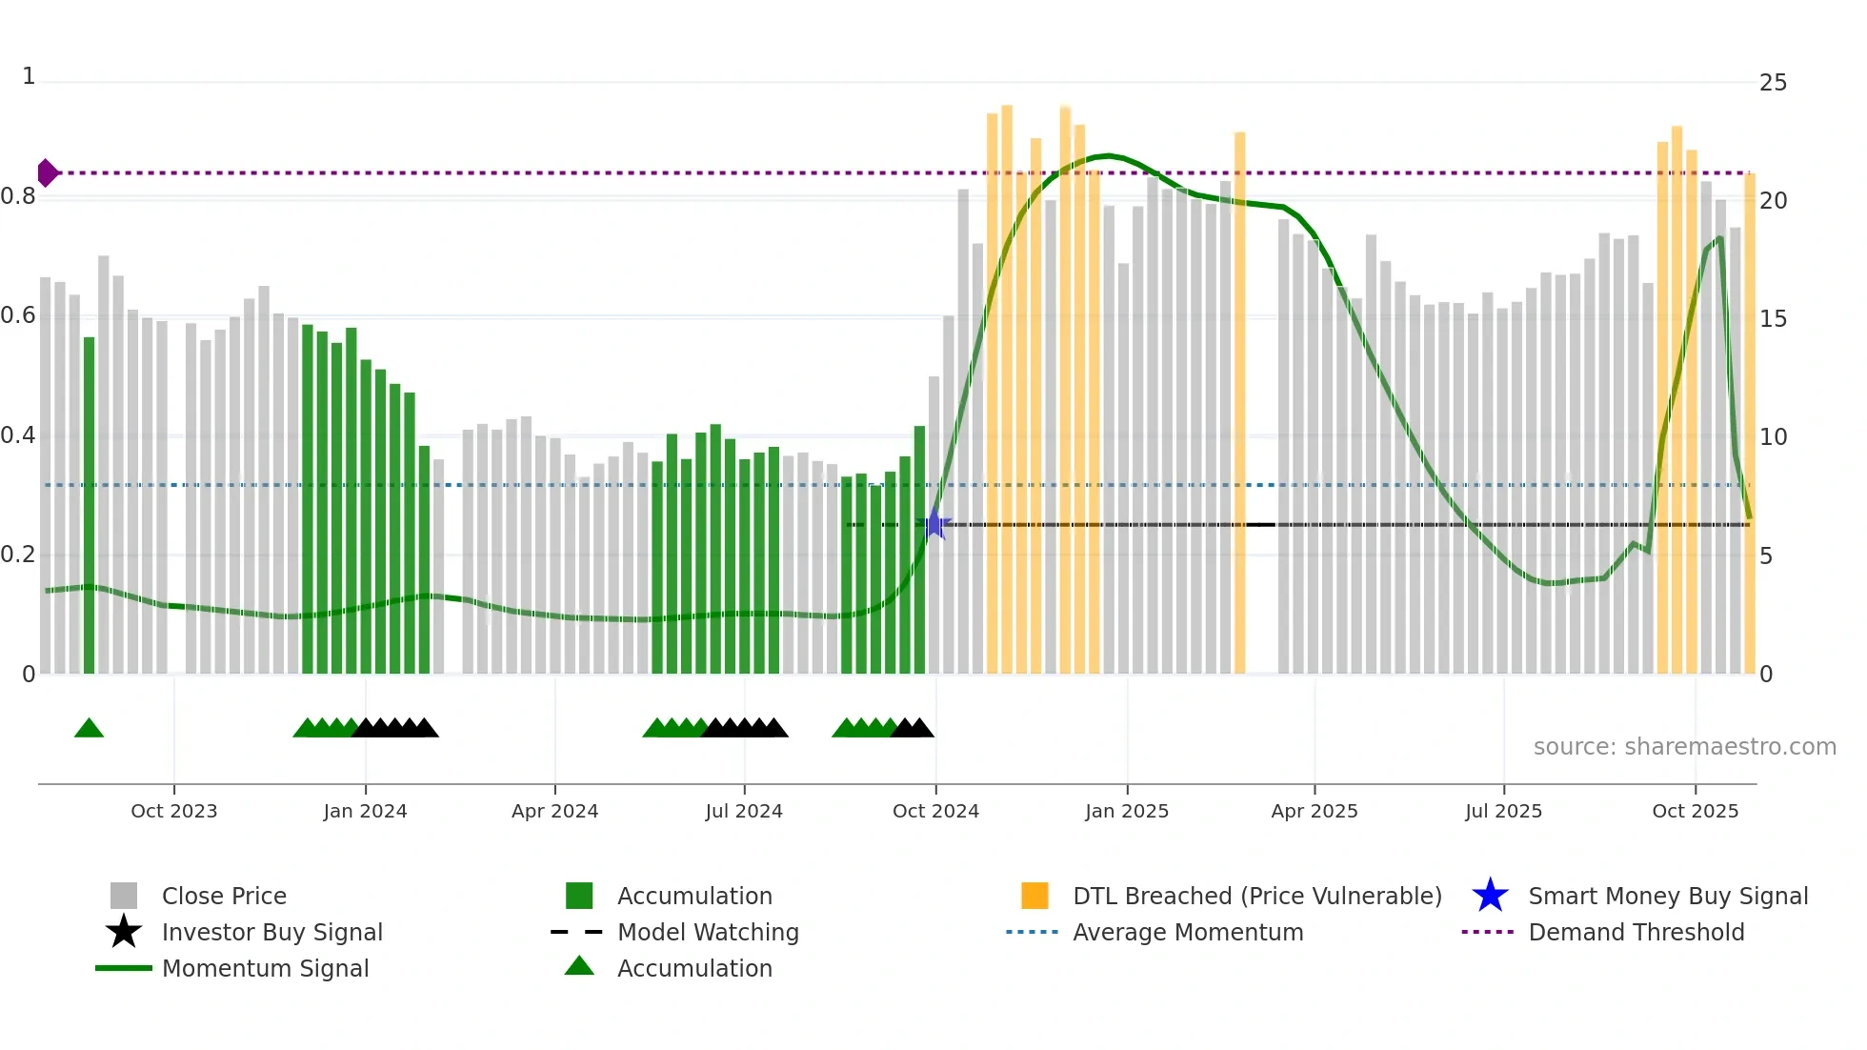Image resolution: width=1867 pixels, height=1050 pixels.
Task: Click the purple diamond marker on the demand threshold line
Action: pyautogui.click(x=47, y=173)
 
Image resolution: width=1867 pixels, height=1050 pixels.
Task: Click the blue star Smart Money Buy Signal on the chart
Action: pyautogui.click(x=935, y=524)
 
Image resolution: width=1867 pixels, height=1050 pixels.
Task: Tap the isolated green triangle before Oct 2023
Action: pyautogui.click(x=89, y=729)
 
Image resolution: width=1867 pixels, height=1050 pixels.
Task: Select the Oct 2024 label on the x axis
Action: pyautogui.click(x=935, y=811)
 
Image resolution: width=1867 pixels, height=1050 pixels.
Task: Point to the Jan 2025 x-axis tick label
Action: pyautogui.click(x=1127, y=811)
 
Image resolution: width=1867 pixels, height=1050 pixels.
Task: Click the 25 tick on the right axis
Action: pyautogui.click(x=1773, y=83)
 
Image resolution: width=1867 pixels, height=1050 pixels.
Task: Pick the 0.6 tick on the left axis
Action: pyautogui.click(x=19, y=315)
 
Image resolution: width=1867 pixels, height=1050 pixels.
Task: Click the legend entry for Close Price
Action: pyautogui.click(x=224, y=896)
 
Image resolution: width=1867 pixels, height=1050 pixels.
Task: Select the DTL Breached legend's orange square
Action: pyautogui.click(x=1034, y=896)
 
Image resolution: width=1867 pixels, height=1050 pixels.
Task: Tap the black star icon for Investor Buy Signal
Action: pyautogui.click(x=124, y=932)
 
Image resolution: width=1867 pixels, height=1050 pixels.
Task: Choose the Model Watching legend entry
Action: pyautogui.click(x=708, y=932)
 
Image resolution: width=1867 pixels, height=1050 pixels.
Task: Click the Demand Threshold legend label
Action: pyautogui.click(x=1636, y=932)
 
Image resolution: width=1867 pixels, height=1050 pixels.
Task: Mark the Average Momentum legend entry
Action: pyautogui.click(x=1187, y=932)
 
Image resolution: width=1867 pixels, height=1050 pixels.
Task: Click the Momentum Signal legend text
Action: pyautogui.click(x=265, y=968)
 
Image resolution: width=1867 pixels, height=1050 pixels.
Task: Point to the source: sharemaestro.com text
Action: pyautogui.click(x=1684, y=747)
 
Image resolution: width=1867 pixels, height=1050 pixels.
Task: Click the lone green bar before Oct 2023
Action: pyautogui.click(x=89, y=505)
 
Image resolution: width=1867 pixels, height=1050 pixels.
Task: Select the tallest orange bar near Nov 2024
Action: pyautogui.click(x=1007, y=381)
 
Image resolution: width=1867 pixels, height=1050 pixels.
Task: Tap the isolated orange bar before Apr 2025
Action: pyautogui.click(x=1239, y=400)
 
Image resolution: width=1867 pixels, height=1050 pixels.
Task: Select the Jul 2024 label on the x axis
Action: pyautogui.click(x=744, y=811)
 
